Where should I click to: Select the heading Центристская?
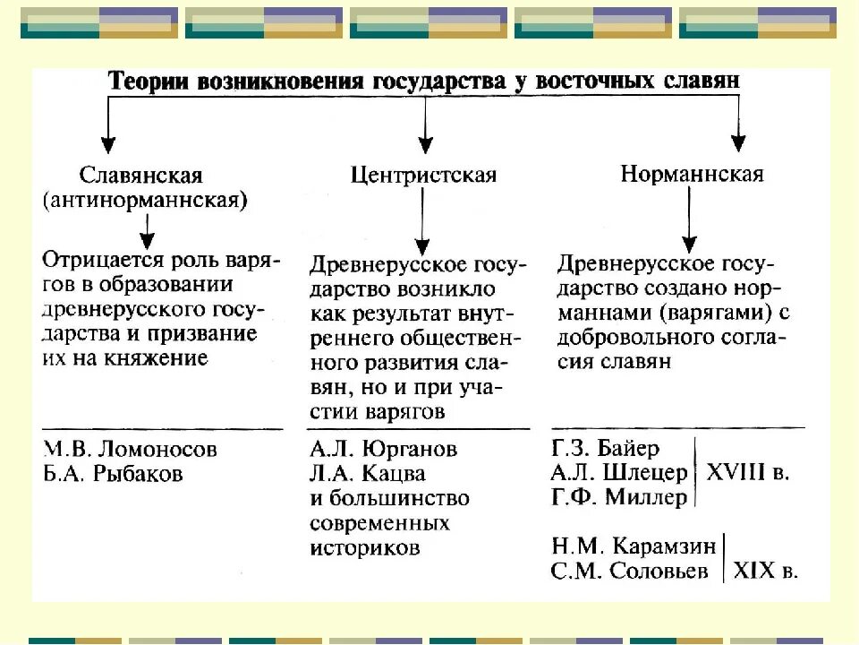tap(424, 174)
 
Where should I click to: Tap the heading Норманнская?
tap(693, 173)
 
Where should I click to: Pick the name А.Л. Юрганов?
tap(384, 448)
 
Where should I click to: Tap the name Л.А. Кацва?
tap(368, 472)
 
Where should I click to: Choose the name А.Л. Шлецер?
tap(618, 472)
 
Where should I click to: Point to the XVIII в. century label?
tap(748, 472)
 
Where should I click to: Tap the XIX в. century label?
tap(765, 570)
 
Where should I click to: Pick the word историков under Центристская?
tap(365, 546)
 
